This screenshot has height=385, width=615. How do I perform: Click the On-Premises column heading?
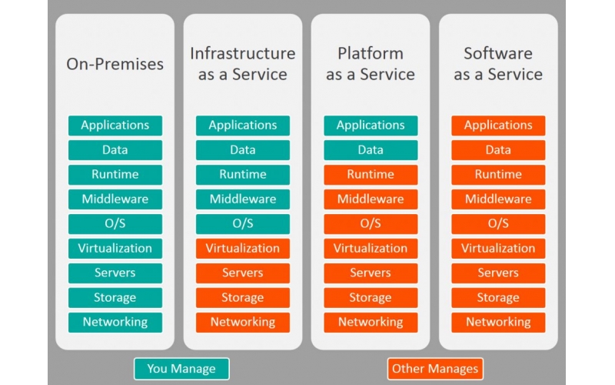pyautogui.click(x=115, y=64)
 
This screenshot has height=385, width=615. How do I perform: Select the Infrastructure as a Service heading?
pyautogui.click(x=243, y=64)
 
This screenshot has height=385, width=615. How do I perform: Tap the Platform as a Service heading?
pyautogui.click(x=371, y=64)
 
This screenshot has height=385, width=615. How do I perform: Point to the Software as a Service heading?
pyautogui.click(x=498, y=64)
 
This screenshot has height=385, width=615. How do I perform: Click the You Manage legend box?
pyautogui.click(x=181, y=368)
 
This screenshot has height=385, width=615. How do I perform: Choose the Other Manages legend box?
pyautogui.click(x=435, y=368)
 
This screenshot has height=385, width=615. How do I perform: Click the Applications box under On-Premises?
pyautogui.click(x=115, y=126)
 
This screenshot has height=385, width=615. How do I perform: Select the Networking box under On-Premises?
pyautogui.click(x=115, y=323)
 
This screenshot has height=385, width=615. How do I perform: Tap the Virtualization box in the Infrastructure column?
pyautogui.click(x=243, y=249)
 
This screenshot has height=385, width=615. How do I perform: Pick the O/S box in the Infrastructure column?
pyautogui.click(x=243, y=224)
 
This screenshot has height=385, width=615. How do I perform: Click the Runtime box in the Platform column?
pyautogui.click(x=371, y=175)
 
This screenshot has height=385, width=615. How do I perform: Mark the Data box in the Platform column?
pyautogui.click(x=371, y=150)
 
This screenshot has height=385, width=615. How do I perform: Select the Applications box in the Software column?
pyautogui.click(x=498, y=126)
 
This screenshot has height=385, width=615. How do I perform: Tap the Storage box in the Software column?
pyautogui.click(x=498, y=298)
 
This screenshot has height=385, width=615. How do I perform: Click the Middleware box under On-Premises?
pyautogui.click(x=115, y=199)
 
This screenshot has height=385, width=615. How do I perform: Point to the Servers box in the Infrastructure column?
pyautogui.click(x=243, y=273)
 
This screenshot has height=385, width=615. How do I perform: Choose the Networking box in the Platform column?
pyautogui.click(x=371, y=323)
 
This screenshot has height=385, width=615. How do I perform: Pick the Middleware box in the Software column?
pyautogui.click(x=498, y=199)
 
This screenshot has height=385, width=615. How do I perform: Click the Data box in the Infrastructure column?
pyautogui.click(x=243, y=150)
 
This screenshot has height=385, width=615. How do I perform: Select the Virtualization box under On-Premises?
pyautogui.click(x=115, y=249)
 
